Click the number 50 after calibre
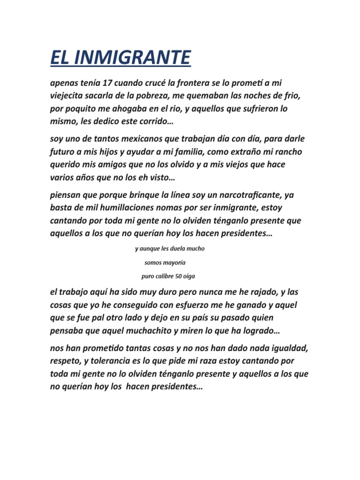tap(180, 277)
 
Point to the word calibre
tap(165, 277)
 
